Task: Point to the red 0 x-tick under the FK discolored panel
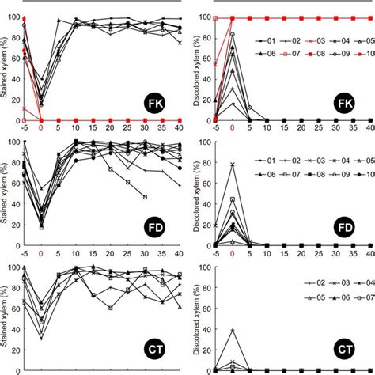pos(232,128)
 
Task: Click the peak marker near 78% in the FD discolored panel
pos(232,165)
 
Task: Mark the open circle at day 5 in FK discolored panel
pos(249,108)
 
